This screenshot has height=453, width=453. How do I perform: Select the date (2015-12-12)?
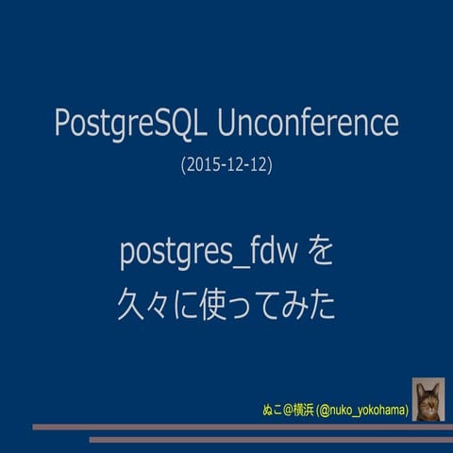click(x=226, y=165)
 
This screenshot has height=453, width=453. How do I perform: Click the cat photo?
click(x=428, y=400)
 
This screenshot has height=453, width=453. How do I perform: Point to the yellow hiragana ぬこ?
click(x=272, y=411)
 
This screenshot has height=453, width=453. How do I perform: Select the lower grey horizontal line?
click(x=269, y=439)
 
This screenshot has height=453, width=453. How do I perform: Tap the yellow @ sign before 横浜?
click(x=288, y=411)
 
